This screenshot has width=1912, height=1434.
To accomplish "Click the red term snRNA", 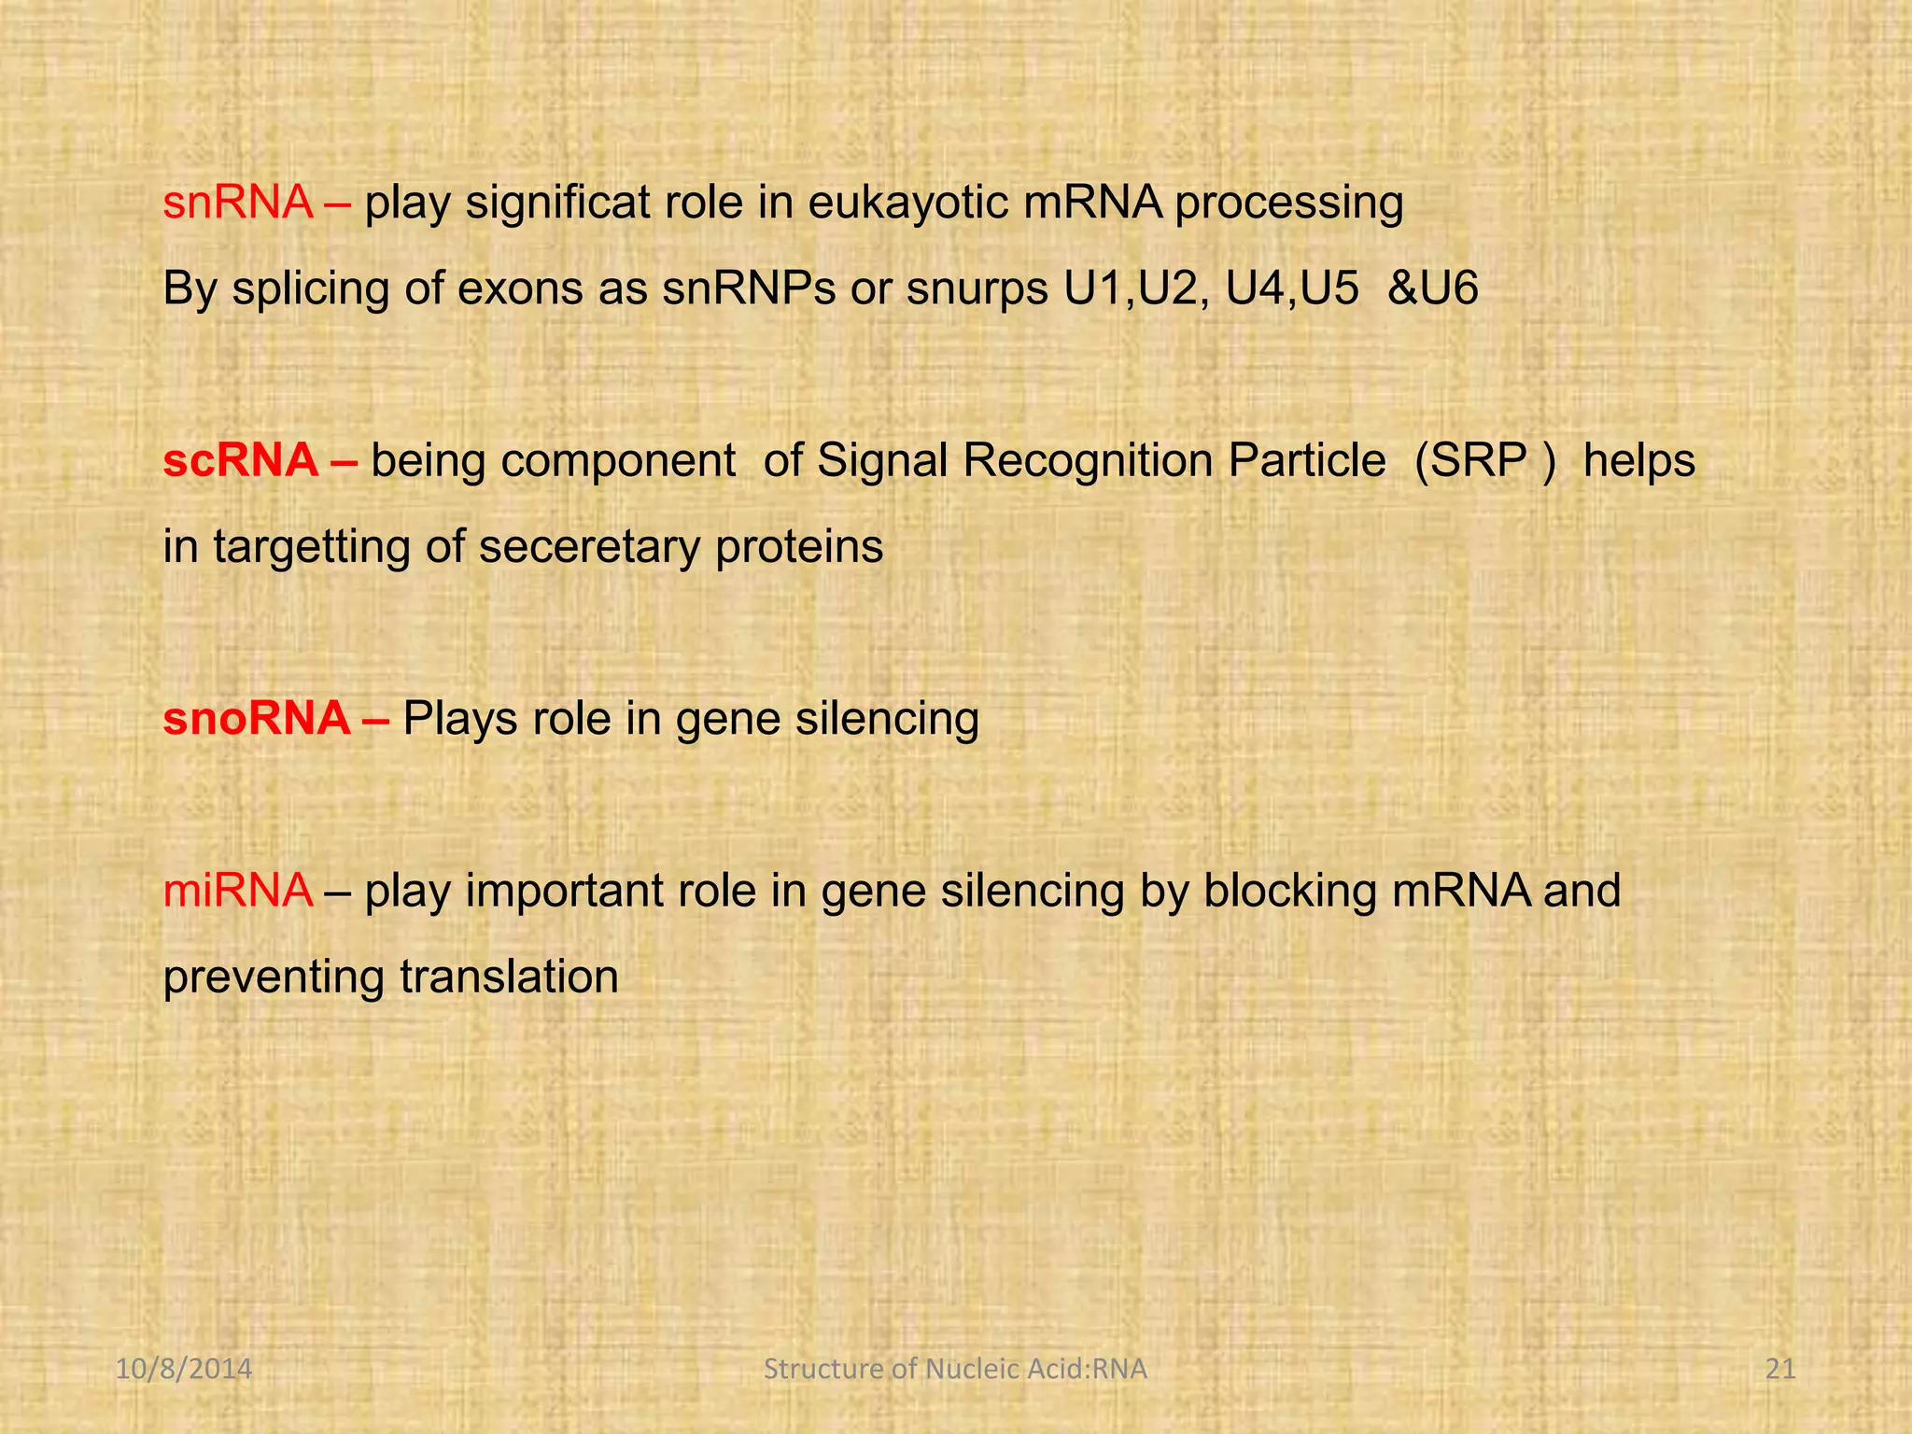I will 238,203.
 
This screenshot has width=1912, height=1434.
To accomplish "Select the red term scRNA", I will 241,460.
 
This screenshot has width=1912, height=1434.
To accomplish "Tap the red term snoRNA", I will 257,719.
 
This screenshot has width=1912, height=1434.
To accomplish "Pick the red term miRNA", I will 237,891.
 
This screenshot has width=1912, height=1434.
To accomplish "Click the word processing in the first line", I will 1288,204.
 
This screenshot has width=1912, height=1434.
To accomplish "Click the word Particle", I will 1306,460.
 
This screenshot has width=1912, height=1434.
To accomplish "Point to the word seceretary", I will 589,548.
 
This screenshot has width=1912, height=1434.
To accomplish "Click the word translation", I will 509,977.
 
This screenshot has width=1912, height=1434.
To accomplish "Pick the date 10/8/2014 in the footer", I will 184,1370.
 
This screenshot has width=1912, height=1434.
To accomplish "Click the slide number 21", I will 1781,1370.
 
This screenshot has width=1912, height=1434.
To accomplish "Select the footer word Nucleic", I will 971,1370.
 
